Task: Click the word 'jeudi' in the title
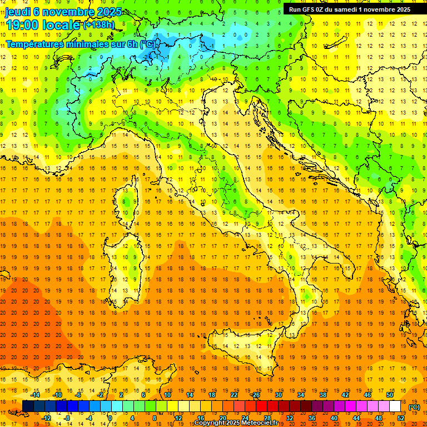point(18,12)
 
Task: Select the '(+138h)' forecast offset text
point(99,24)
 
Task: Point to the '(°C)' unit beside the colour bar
point(414,407)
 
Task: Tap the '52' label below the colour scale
point(400,418)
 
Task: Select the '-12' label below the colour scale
point(46,418)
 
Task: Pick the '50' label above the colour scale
point(390,395)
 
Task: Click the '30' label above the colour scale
point(278,395)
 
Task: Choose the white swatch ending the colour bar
point(395,406)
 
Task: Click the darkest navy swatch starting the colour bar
point(28,406)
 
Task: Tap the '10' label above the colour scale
point(167,395)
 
